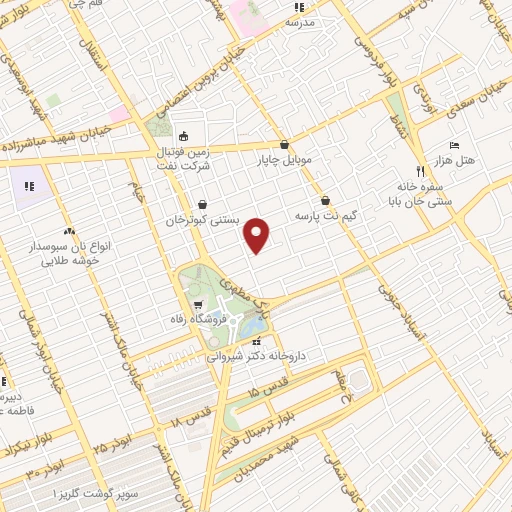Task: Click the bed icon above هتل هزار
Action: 455,146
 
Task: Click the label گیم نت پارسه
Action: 325,215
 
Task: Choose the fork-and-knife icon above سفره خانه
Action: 420,171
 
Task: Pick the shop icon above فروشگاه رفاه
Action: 198,306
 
